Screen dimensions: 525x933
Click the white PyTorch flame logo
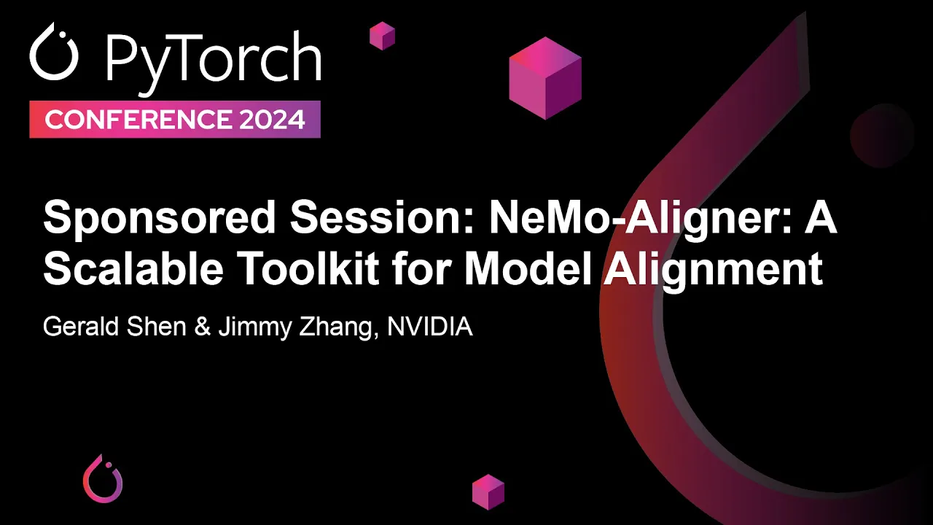tap(53, 55)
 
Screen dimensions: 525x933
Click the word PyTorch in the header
tap(213, 58)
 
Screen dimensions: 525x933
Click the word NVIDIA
tap(430, 327)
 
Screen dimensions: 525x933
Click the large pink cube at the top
tap(545, 78)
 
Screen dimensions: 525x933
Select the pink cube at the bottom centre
tap(488, 491)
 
